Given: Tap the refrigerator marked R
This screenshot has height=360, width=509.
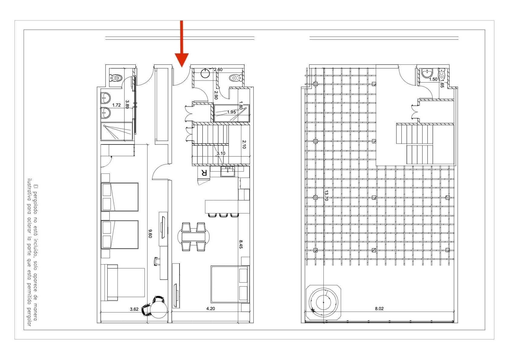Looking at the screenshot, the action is click(204, 173).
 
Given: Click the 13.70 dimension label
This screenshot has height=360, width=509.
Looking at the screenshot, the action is click(326, 196).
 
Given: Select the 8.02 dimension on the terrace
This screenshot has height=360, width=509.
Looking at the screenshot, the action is click(379, 309).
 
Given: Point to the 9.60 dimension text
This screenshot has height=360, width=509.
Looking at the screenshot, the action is click(150, 234).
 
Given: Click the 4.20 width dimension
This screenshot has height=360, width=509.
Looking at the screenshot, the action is click(210, 309).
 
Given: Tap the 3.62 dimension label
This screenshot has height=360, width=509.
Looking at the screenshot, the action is click(134, 309).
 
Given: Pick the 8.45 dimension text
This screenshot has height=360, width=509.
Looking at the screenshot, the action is click(241, 244).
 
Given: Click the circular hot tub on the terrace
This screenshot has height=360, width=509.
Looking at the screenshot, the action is click(323, 303).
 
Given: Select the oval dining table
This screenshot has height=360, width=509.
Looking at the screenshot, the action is click(193, 237).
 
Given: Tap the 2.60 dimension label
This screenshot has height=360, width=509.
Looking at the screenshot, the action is click(218, 70).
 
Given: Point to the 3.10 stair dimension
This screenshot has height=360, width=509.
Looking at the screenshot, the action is click(221, 154).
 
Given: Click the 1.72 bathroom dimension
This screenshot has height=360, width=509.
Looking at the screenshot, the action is click(117, 105).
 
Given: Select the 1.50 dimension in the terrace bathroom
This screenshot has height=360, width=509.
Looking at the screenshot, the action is click(433, 79).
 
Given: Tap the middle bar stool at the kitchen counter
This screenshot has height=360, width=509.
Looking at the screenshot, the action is click(223, 215).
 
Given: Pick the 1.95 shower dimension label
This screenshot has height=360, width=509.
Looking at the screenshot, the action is click(231, 112).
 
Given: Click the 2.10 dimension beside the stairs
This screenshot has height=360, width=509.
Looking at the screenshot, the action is click(244, 144).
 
